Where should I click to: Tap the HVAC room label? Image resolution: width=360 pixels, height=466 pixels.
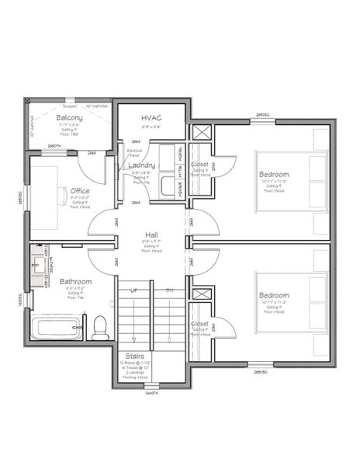pyautogui.click(x=151, y=117)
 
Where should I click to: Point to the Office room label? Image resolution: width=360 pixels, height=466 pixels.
pyautogui.click(x=80, y=190)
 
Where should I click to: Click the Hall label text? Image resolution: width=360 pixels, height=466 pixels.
pyautogui.click(x=151, y=234)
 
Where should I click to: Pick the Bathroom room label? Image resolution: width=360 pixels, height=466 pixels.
pyautogui.click(x=75, y=281)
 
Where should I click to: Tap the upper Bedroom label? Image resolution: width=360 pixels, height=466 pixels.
pyautogui.click(x=274, y=175)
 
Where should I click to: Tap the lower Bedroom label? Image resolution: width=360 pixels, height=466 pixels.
pyautogui.click(x=274, y=295)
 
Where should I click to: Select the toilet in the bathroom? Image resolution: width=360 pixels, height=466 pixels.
pyautogui.click(x=99, y=329)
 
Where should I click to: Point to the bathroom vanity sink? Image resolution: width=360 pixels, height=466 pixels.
pyautogui.click(x=38, y=266)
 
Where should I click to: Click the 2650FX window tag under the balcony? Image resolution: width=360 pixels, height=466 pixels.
pyautogui.click(x=54, y=146)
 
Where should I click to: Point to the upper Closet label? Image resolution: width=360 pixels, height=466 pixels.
pyautogui.click(x=199, y=165)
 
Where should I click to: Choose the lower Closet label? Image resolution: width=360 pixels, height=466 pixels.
pyautogui.click(x=199, y=323)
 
